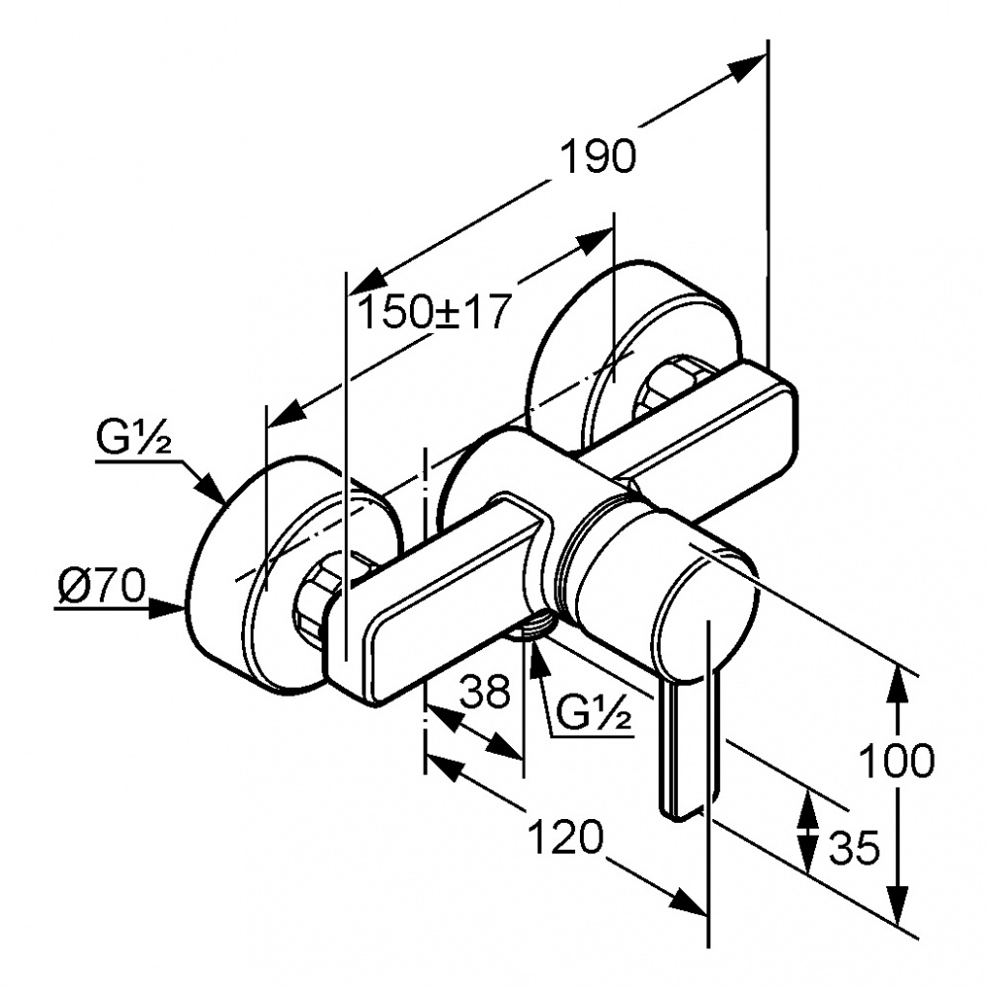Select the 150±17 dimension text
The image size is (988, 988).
coord(432,313)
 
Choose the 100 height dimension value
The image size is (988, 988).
coord(895,761)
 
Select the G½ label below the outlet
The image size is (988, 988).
coord(594,711)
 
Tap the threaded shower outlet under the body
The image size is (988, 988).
coord(534,626)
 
